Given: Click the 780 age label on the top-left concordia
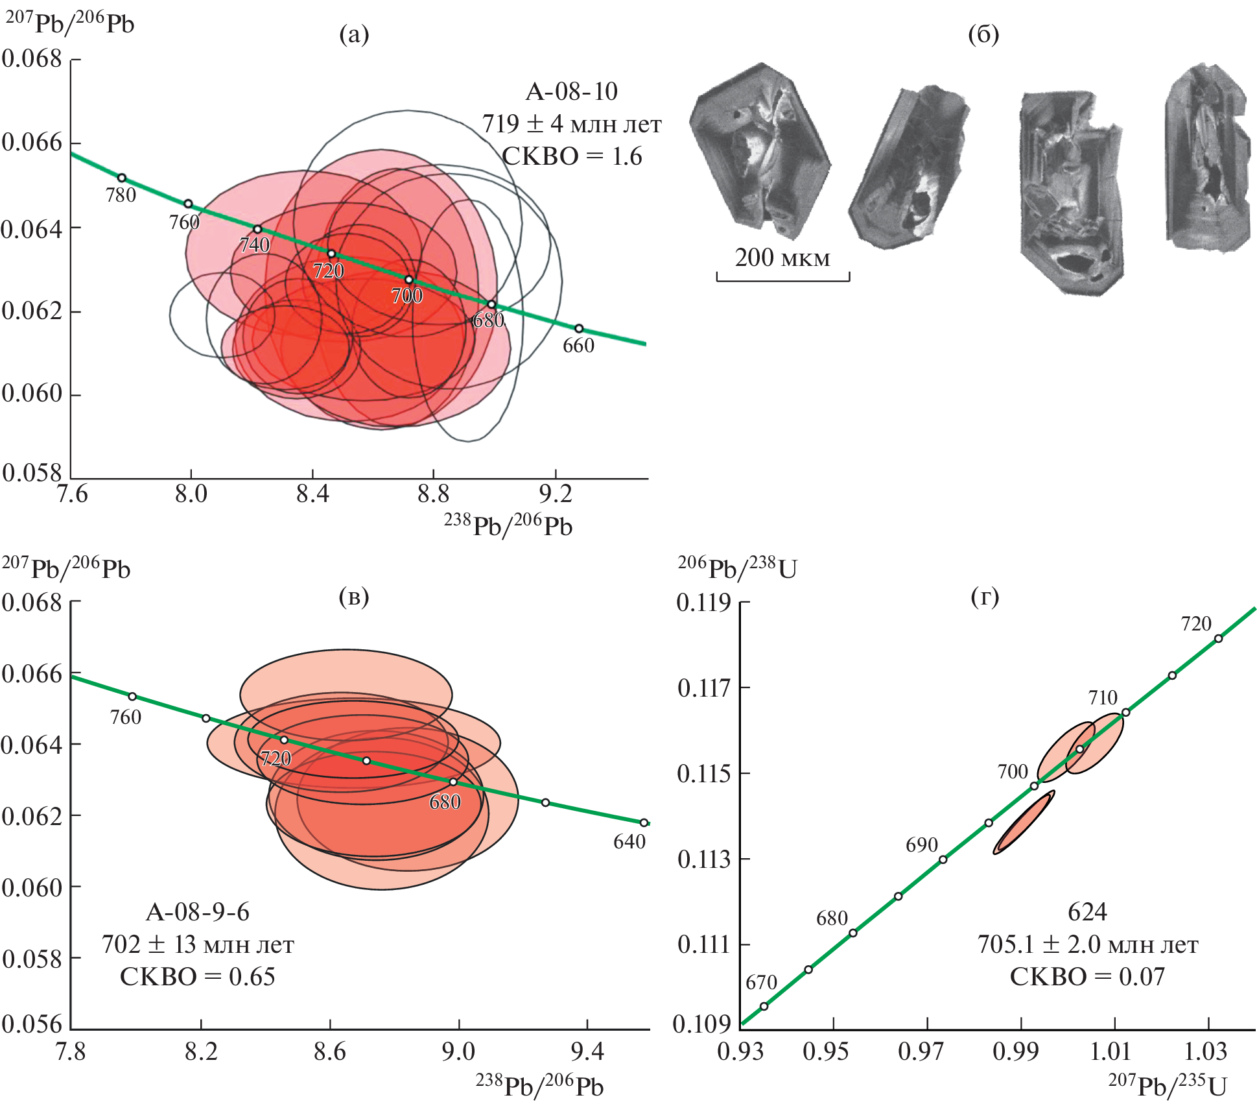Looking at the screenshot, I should coord(121,195).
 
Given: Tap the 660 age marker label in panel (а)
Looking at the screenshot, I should coord(578,346).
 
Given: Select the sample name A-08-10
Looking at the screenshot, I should coord(571,91).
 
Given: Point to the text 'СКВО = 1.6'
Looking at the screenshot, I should coord(572,156).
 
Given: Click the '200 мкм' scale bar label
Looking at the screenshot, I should coord(782,258).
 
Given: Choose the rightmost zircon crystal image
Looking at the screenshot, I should coord(1206,159).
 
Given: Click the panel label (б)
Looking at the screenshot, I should coord(983,34).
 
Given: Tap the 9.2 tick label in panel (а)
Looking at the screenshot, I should coord(556,495).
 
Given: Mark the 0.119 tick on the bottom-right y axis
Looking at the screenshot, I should coord(704,603).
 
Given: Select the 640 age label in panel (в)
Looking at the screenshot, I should coord(629,842).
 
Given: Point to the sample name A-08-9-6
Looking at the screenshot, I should coord(198,912).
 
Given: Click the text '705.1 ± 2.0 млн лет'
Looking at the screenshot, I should coord(1087,944).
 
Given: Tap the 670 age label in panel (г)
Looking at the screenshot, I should coord(761,983).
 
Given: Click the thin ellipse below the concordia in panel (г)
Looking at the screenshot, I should coord(1024,822).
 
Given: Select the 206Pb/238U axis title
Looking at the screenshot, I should coord(737,568).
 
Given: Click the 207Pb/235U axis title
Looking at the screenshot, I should coord(1167,1085).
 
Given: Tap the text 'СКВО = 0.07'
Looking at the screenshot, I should coord(1087,977).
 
